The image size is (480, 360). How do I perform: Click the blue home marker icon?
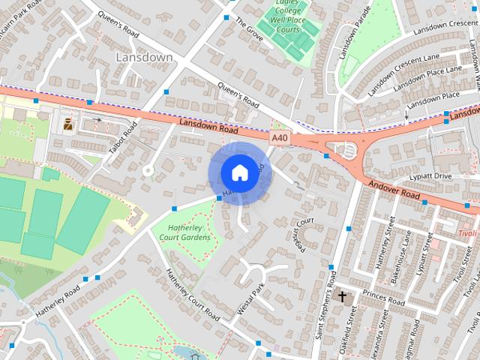(239, 172)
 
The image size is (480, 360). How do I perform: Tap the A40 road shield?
(280, 137)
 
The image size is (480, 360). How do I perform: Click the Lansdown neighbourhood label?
(145, 57)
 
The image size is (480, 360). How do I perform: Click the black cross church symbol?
(343, 296)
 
